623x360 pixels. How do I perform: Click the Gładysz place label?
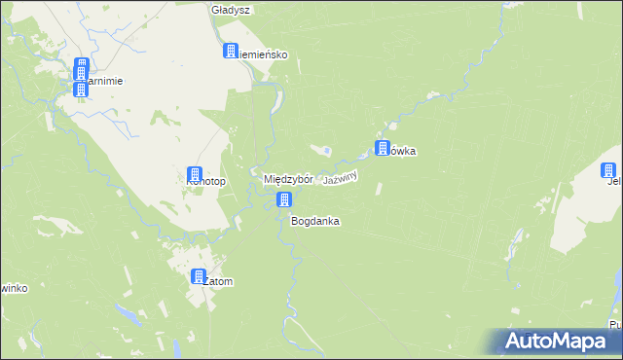[x=231, y=10]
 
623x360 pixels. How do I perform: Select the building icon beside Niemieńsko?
[x=232, y=52]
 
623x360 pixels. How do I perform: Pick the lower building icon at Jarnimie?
[x=82, y=89]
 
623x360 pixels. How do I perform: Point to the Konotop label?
[x=206, y=182]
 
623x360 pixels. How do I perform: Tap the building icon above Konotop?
[x=195, y=174]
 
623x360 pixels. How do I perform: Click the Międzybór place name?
[x=288, y=180]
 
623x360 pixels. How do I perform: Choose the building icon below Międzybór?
[x=284, y=200]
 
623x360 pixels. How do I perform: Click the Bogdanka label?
[x=315, y=221]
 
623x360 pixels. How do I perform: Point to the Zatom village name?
[x=219, y=282]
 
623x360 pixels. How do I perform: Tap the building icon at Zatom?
[x=199, y=276]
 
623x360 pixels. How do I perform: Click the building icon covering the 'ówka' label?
[x=383, y=148]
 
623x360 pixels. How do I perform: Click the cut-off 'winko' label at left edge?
[x=10, y=288]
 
